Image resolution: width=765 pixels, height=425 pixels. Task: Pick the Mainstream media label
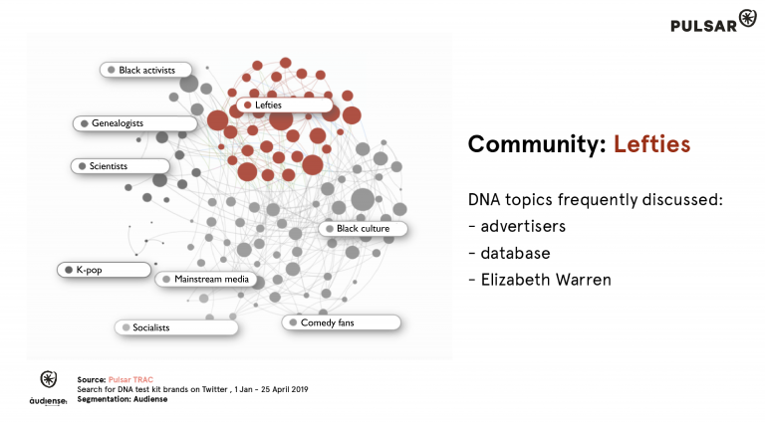click(x=210, y=279)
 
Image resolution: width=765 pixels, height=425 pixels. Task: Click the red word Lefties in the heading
click(x=651, y=144)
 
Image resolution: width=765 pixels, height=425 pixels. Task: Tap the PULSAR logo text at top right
click(x=704, y=24)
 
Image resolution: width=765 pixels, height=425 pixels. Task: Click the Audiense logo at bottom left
click(x=47, y=388)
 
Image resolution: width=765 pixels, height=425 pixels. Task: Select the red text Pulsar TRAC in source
click(x=127, y=379)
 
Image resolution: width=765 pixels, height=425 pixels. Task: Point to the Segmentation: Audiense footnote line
click(x=123, y=398)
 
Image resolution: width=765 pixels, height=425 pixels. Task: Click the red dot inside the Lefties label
click(x=247, y=105)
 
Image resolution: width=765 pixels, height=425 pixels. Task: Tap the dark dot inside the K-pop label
click(x=69, y=270)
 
